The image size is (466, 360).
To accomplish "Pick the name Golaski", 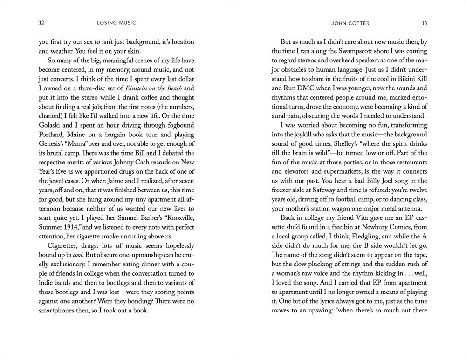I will click(x=51, y=139).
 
